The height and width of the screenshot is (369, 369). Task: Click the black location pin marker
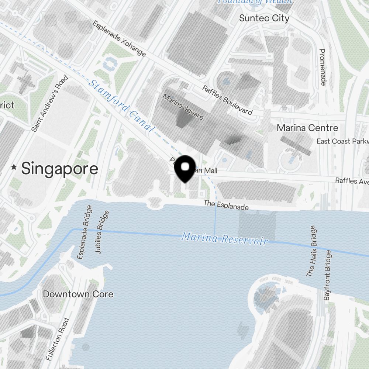tap(185, 169)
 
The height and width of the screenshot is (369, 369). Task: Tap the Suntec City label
tap(264, 18)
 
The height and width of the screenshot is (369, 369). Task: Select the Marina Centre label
tap(307, 128)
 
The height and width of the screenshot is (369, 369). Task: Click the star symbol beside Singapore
tap(14, 168)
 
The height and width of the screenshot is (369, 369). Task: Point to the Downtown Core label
tap(78, 294)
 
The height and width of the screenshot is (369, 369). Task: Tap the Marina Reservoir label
tap(224, 238)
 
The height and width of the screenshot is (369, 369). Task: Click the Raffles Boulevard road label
tap(227, 100)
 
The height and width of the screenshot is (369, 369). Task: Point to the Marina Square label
tap(183, 106)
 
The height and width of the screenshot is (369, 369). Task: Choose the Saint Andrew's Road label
tap(50, 103)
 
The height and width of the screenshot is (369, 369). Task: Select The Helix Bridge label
tap(311, 251)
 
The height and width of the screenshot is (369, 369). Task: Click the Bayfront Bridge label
tap(328, 275)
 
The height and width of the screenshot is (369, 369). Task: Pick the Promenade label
tap(323, 67)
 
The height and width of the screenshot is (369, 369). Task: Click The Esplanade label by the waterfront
tap(226, 205)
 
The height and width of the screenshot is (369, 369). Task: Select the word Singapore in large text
tap(60, 169)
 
